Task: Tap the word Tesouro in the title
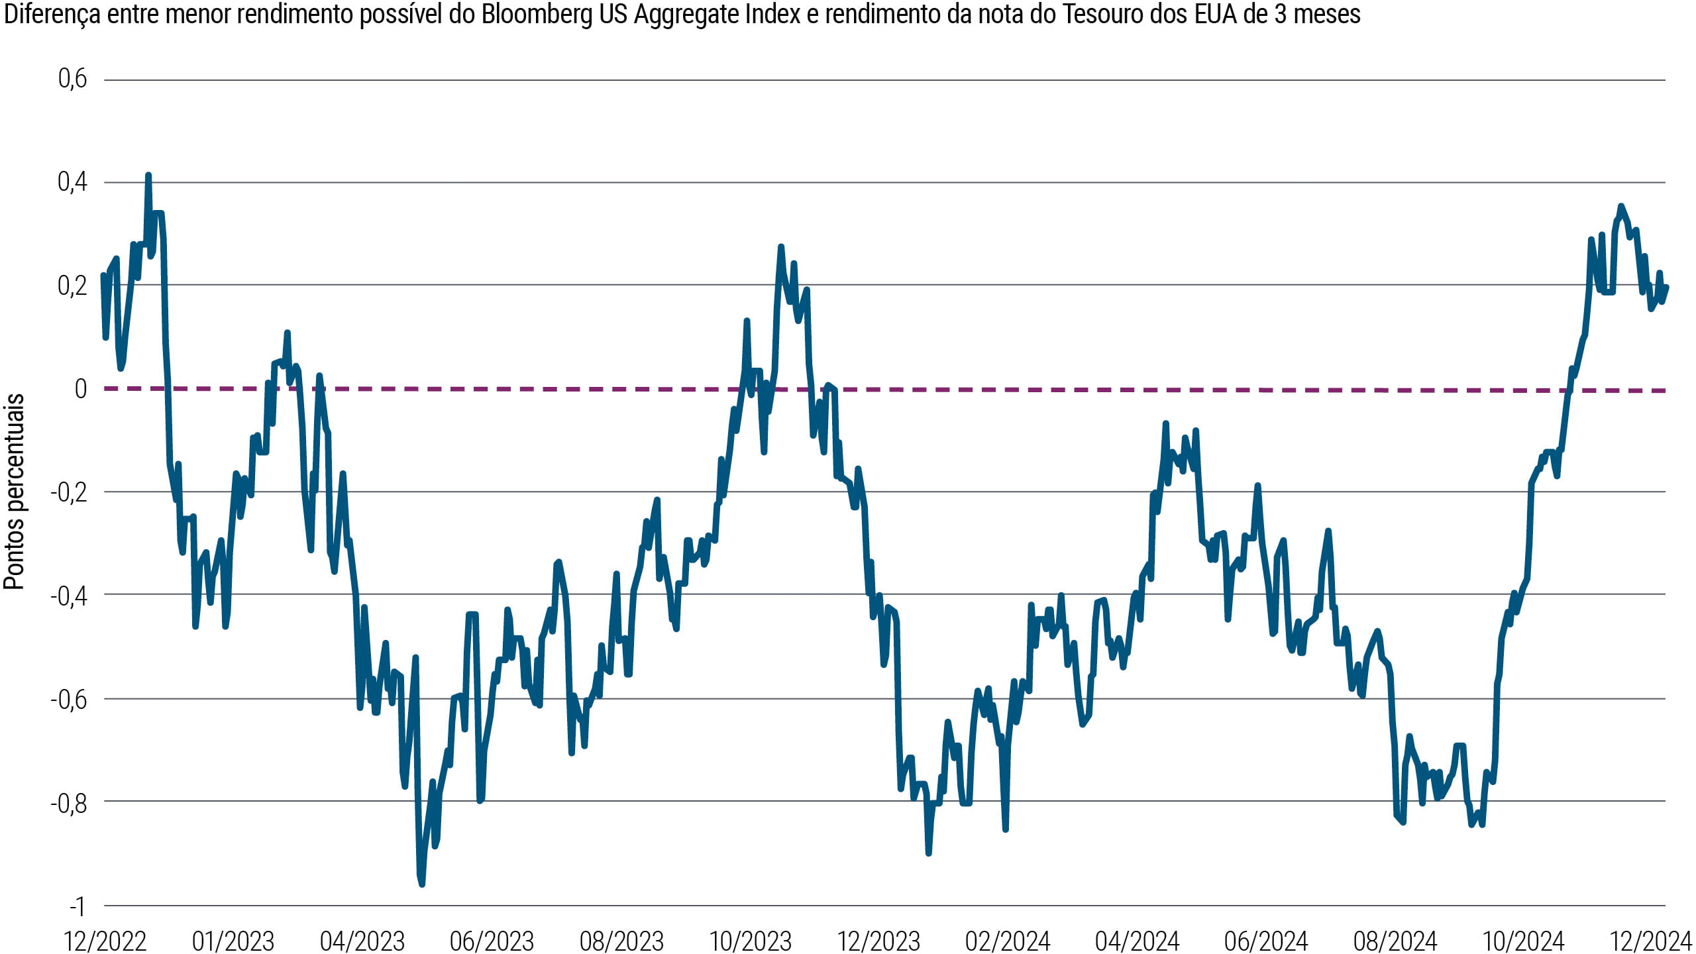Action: coord(1100,15)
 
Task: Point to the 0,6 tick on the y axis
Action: coord(72,79)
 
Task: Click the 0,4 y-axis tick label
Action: coord(72,182)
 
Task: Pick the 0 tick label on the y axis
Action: coord(81,389)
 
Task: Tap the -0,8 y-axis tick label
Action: coord(69,803)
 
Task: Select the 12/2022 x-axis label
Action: coord(105,941)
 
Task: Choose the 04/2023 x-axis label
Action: coord(362,941)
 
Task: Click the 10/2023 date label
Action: coord(751,941)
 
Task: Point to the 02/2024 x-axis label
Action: coord(1008,941)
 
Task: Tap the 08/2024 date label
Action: coord(1395,941)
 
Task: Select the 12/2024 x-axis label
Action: coord(1651,941)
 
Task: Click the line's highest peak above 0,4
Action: coord(148,176)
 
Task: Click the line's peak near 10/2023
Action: coord(781,247)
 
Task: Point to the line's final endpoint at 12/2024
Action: coord(1666,288)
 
